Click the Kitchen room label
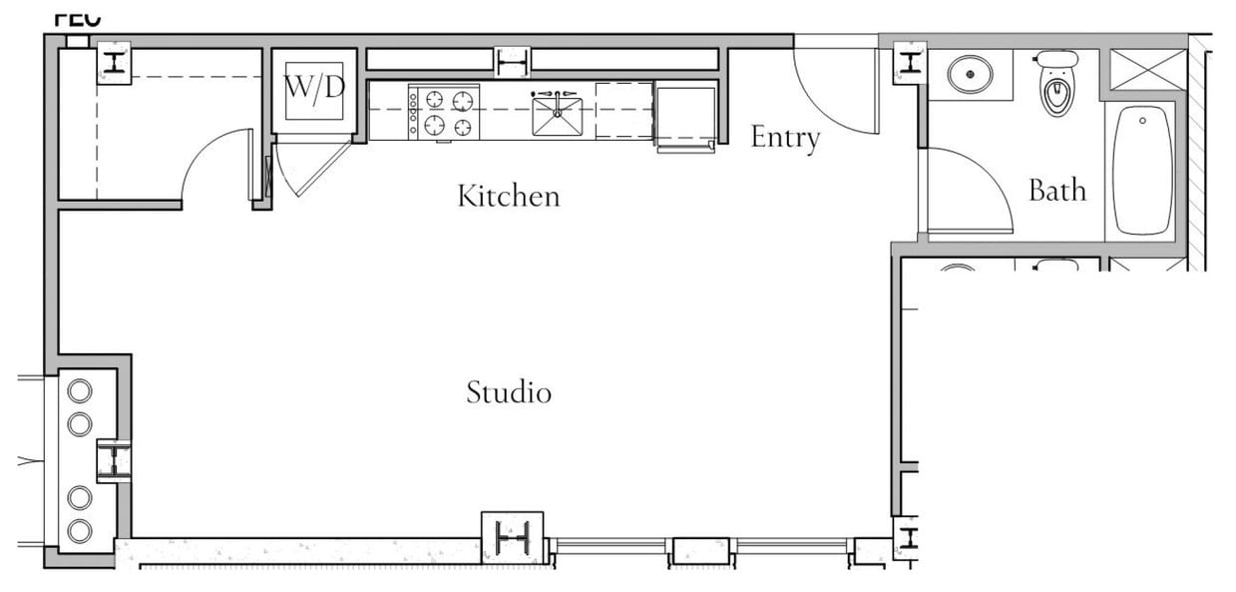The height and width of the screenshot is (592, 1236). [x=508, y=196]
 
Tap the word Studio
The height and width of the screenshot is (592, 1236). [x=509, y=392]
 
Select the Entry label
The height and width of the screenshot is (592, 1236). [x=785, y=138]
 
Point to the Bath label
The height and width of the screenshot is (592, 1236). [x=1056, y=190]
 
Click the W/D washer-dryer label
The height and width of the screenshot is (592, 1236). [x=314, y=88]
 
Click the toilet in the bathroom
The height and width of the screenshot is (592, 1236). [x=1056, y=85]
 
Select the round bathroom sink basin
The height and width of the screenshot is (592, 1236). [x=968, y=74]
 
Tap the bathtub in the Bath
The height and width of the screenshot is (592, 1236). [x=1142, y=170]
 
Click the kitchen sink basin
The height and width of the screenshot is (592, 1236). [x=557, y=116]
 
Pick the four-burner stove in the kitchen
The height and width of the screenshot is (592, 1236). [x=445, y=112]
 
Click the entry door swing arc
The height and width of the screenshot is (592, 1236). [x=833, y=95]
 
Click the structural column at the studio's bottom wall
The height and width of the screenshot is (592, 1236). [x=512, y=539]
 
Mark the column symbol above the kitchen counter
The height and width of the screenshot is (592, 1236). [x=512, y=62]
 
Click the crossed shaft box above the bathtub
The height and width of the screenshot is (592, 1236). [x=1146, y=69]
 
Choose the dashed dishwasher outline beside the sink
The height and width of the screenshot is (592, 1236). [x=624, y=110]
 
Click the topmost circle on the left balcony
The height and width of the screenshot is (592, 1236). [x=79, y=390]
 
